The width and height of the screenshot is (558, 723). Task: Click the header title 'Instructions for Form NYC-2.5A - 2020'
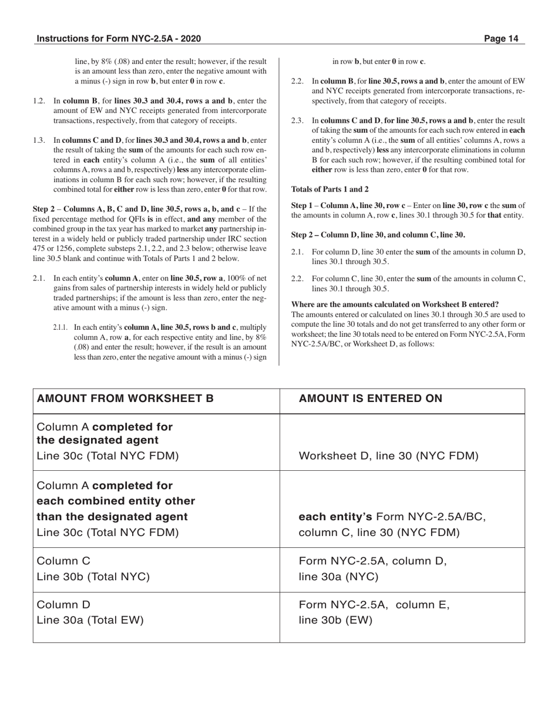(x=119, y=39)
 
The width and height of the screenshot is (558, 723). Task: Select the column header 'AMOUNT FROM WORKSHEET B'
(x=125, y=399)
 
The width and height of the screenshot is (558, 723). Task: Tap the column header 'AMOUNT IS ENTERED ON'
(x=371, y=399)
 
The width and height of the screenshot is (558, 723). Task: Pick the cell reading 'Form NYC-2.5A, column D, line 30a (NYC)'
(x=373, y=569)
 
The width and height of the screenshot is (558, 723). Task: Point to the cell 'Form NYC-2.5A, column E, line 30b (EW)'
(x=374, y=612)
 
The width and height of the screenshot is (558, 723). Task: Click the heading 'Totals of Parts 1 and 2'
(x=330, y=189)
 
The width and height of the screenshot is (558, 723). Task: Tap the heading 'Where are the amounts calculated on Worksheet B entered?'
(x=395, y=304)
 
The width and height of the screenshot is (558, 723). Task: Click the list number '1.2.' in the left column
(x=39, y=101)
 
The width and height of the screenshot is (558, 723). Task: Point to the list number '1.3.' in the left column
(x=39, y=140)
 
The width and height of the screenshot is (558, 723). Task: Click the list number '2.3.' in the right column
(x=298, y=120)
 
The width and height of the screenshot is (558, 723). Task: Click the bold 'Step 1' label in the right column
(x=303, y=205)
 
